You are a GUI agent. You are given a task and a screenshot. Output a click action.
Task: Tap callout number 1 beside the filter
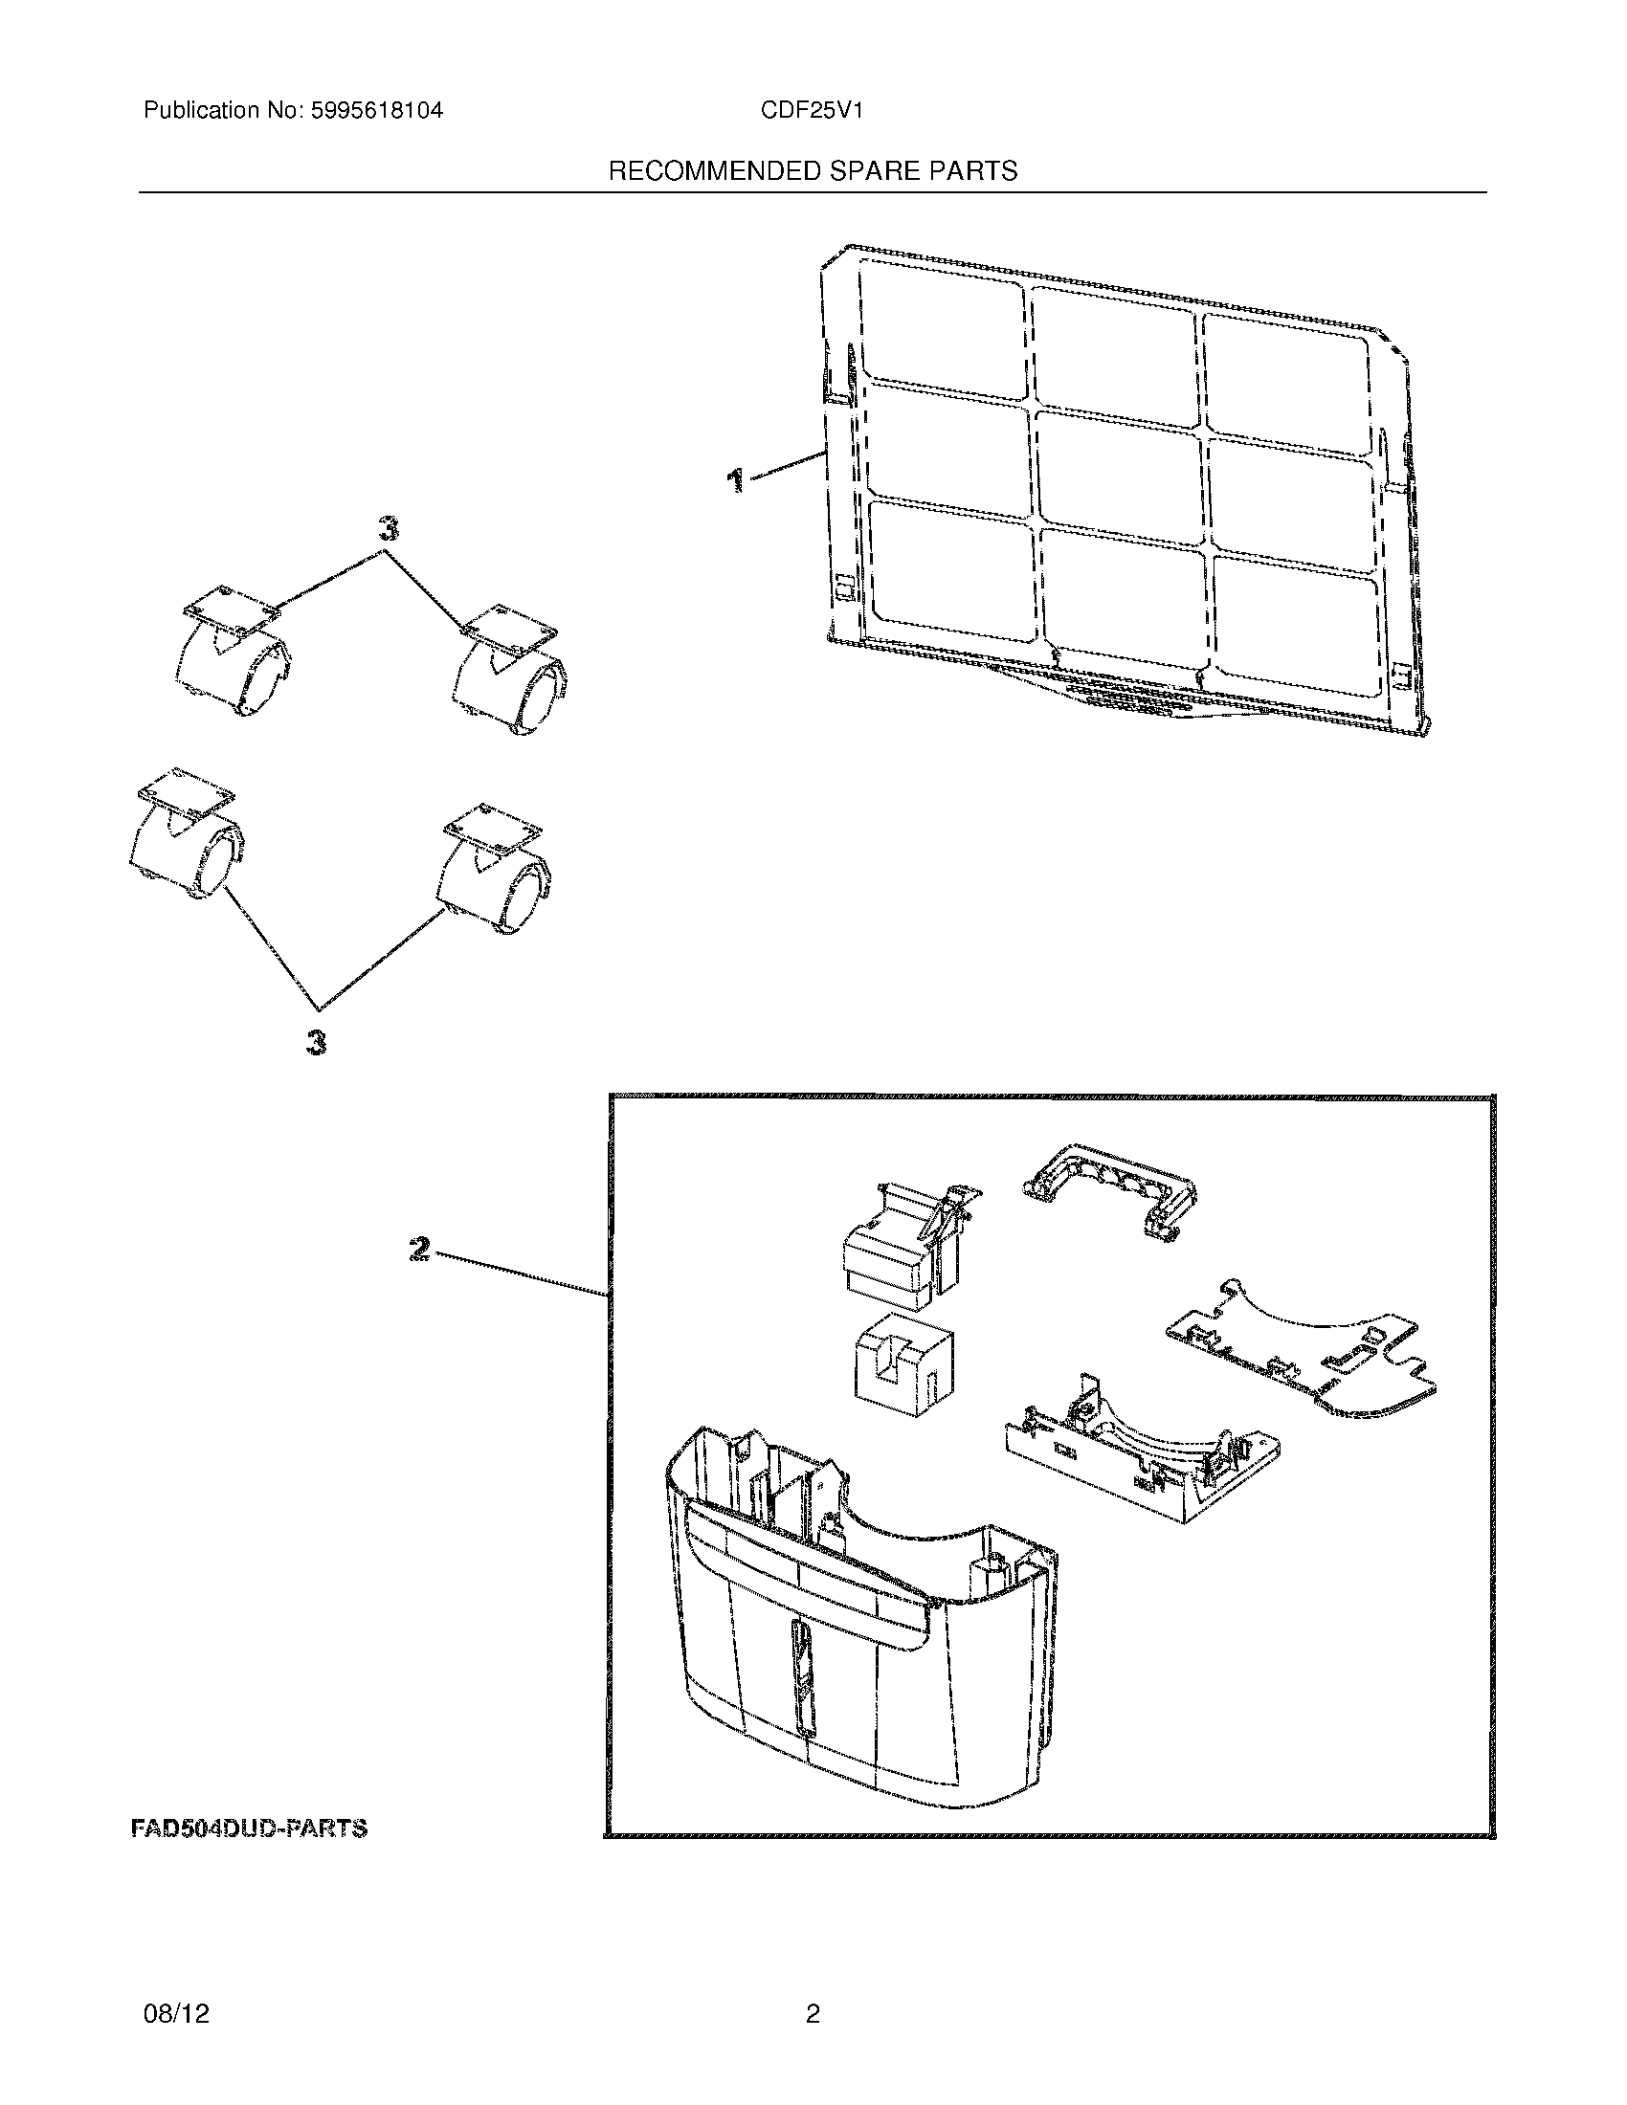pyautogui.click(x=735, y=479)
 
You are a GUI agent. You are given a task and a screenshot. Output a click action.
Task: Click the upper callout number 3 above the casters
pyautogui.click(x=387, y=528)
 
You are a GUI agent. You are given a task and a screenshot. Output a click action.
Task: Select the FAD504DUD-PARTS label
pyautogui.click(x=249, y=1828)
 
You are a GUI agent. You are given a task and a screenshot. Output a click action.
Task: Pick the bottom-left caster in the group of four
pyautogui.click(x=186, y=833)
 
